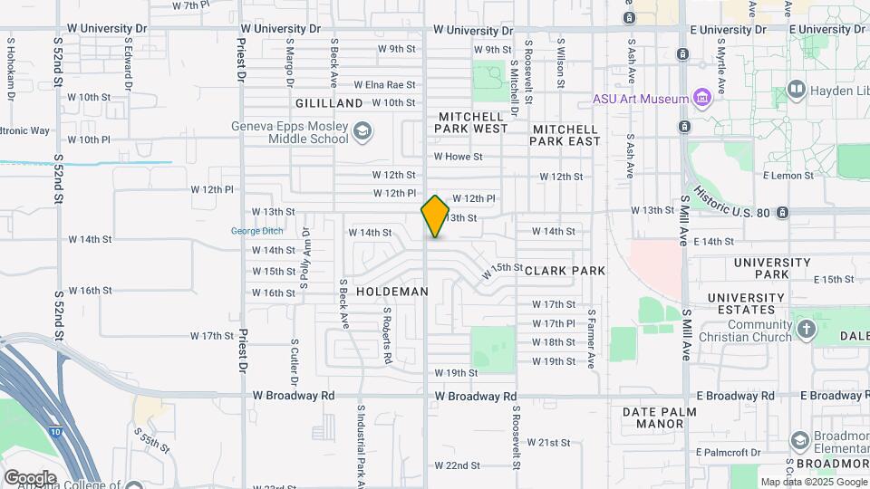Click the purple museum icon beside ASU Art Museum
[x=701, y=97]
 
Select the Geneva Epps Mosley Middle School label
[x=290, y=132]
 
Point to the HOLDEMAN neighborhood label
[x=391, y=292]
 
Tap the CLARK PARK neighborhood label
[x=565, y=271]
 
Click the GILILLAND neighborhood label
[x=328, y=103]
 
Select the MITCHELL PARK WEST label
[x=472, y=123]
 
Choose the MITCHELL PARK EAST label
[x=565, y=135]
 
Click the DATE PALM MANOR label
[x=659, y=417]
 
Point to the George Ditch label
[x=256, y=231]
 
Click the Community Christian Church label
[x=747, y=331]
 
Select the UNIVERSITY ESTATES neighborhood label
[x=746, y=303]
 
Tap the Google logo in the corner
[x=30, y=477]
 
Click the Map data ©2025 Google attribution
[x=814, y=482]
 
